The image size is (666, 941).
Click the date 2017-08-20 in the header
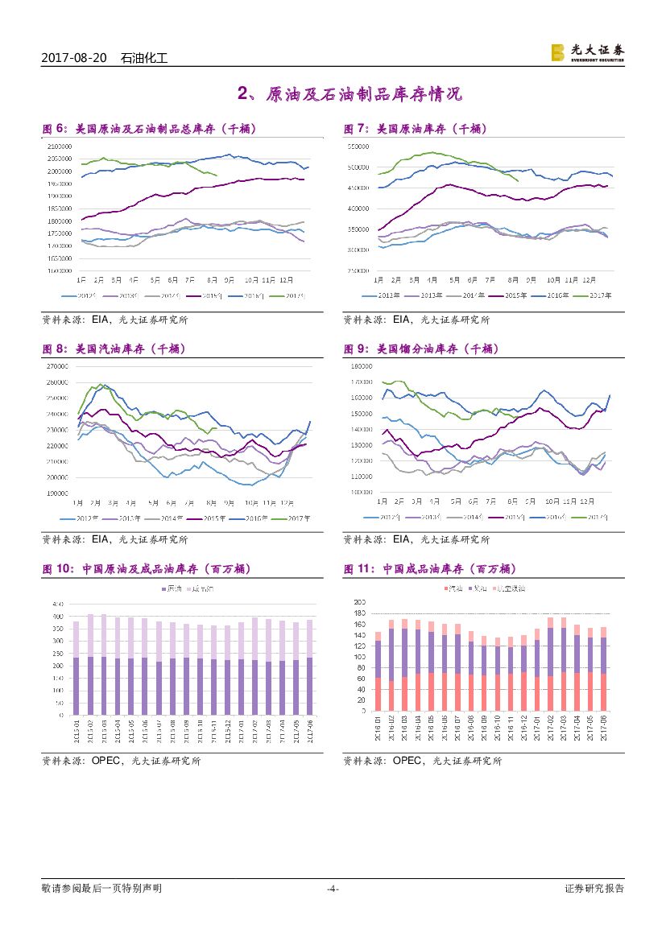(x=74, y=58)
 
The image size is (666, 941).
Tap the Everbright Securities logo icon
(x=557, y=52)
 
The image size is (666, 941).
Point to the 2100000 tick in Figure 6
(x=60, y=147)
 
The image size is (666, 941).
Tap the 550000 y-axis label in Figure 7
(x=358, y=147)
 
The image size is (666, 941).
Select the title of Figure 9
(x=421, y=349)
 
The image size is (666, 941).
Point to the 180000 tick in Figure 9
(x=360, y=366)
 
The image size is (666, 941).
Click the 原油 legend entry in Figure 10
(x=171, y=590)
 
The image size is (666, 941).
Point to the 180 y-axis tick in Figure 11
(x=360, y=613)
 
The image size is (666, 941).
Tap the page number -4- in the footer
(x=333, y=889)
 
